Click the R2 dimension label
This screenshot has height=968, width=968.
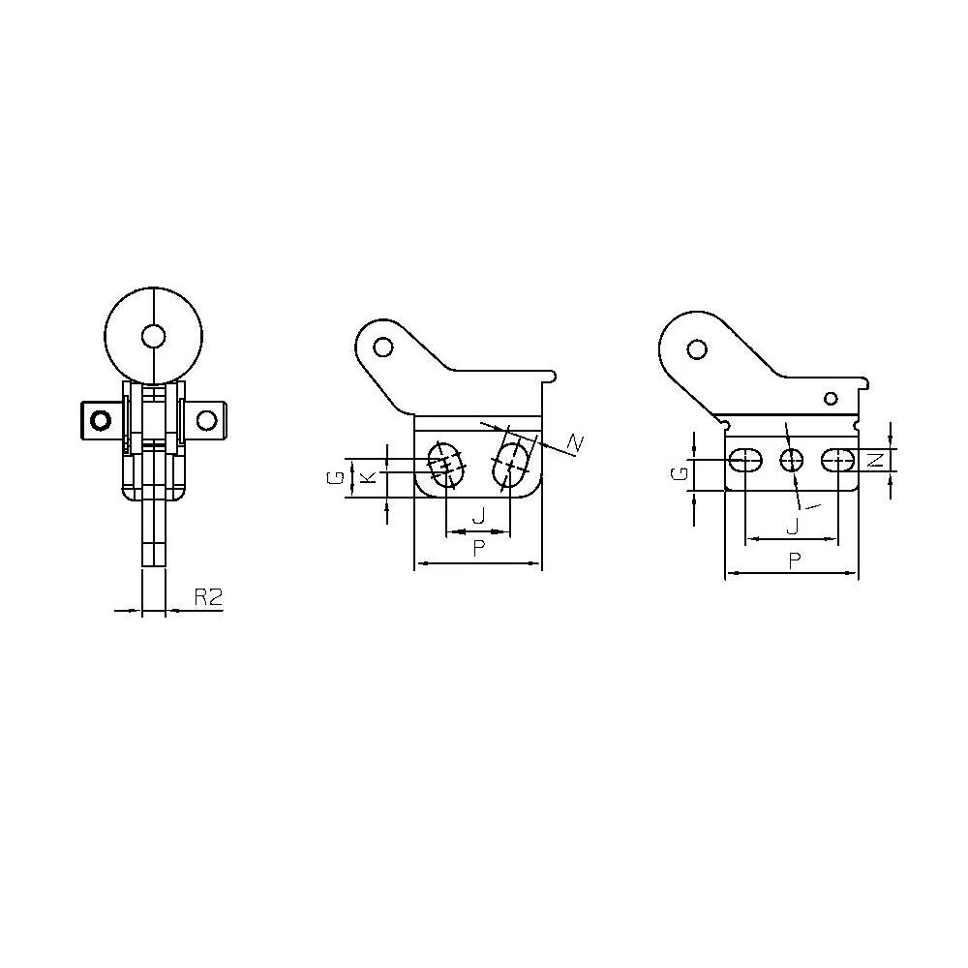pyautogui.click(x=208, y=597)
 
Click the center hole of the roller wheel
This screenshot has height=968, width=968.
pyautogui.click(x=153, y=337)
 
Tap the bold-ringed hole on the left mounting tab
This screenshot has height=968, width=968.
pyautogui.click(x=100, y=421)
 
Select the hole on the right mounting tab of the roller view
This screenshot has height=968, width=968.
pyautogui.click(x=207, y=421)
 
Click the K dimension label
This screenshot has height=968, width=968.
pyautogui.click(x=368, y=476)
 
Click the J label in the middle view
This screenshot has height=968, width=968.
pyautogui.click(x=478, y=516)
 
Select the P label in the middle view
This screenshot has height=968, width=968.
pyautogui.click(x=478, y=548)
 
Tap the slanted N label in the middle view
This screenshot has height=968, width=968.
pyautogui.click(x=574, y=443)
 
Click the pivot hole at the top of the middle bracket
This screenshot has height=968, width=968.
pyautogui.click(x=383, y=347)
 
